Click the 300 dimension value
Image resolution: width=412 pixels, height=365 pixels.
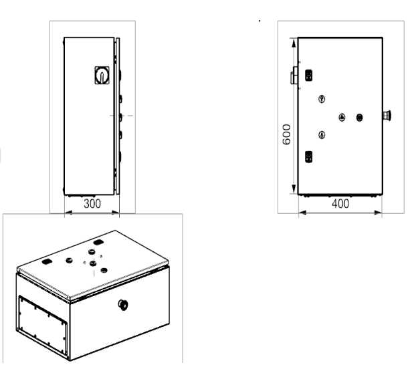click(92, 204)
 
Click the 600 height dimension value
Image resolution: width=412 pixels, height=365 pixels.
click(287, 134)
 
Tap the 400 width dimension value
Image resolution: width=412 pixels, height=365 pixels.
click(340, 204)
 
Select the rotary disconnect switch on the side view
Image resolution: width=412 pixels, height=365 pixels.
click(102, 76)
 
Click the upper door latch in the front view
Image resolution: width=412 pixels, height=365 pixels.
click(309, 76)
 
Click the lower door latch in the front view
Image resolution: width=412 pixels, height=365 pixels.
click(309, 157)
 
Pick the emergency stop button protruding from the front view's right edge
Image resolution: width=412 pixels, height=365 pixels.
click(387, 115)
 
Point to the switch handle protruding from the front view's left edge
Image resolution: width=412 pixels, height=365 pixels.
click(294, 76)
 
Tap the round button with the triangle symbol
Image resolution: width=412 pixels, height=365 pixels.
click(342, 118)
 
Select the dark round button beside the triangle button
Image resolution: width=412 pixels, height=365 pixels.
click(359, 118)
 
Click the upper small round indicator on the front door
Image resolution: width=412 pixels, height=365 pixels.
click(322, 99)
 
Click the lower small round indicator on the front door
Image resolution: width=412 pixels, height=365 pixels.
click(322, 135)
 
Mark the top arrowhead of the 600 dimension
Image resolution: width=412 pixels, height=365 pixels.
click(294, 43)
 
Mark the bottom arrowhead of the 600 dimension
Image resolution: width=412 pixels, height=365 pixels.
click(294, 189)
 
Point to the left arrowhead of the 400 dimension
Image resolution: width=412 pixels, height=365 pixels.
click(303, 213)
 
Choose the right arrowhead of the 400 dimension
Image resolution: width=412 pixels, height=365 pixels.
click(378, 213)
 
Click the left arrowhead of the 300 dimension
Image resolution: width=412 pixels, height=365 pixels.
click(69, 213)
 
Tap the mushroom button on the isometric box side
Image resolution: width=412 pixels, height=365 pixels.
click(122, 305)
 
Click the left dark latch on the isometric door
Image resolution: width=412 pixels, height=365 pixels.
click(47, 261)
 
